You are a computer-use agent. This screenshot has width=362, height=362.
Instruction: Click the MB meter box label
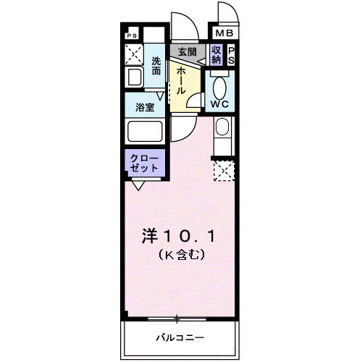click(222, 33)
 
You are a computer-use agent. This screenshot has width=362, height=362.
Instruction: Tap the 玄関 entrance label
click(187, 52)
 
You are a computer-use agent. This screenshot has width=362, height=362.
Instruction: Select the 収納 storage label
click(216, 55)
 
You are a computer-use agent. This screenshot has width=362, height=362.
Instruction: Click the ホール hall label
click(179, 80)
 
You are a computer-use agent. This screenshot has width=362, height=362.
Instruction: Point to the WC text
click(220, 104)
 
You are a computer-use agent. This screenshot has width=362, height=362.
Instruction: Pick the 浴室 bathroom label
click(145, 107)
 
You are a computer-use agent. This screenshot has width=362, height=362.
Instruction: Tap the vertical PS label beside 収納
click(231, 56)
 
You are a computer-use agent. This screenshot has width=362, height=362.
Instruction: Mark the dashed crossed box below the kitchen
click(223, 172)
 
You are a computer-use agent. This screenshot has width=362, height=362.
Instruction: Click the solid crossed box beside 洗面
click(134, 54)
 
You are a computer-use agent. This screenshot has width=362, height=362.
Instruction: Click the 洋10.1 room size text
click(177, 236)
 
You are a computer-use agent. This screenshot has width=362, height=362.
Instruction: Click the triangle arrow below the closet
click(137, 185)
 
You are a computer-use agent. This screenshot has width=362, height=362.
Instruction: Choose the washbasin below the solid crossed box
click(134, 77)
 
